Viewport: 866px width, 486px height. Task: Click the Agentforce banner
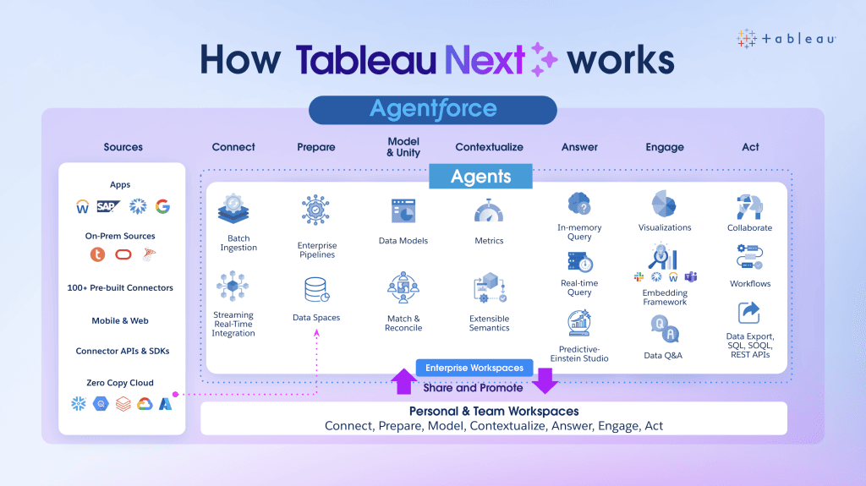pyautogui.click(x=432, y=110)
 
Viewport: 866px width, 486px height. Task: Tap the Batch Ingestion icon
pyautogui.click(x=233, y=210)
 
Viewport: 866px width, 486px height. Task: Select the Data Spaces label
pyautogui.click(x=316, y=318)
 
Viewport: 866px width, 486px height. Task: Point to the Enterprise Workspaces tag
pyautogui.click(x=474, y=368)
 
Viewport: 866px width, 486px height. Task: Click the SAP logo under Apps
pyautogui.click(x=108, y=206)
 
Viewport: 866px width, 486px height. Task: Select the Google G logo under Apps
pyautogui.click(x=162, y=206)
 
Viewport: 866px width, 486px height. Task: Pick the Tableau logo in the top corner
pyautogui.click(x=786, y=39)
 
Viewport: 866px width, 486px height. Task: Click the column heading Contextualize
pyautogui.click(x=489, y=147)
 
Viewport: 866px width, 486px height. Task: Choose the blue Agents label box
pyautogui.click(x=480, y=177)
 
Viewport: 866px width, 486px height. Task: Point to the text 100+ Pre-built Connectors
pyautogui.click(x=120, y=288)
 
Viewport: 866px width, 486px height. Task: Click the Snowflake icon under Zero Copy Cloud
pyautogui.click(x=79, y=404)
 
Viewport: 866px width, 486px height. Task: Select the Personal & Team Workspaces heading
pyautogui.click(x=494, y=412)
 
